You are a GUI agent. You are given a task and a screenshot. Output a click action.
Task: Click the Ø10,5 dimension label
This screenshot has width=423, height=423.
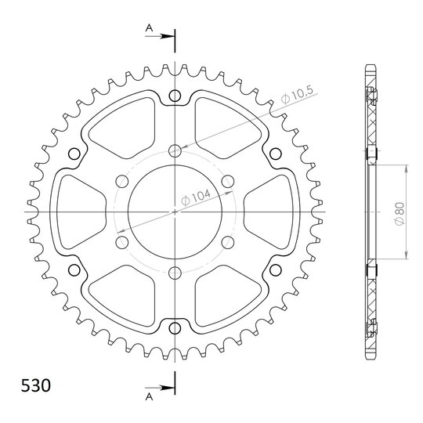tap(297, 95)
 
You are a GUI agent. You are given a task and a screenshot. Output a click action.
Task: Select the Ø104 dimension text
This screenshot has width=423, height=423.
tap(196, 197)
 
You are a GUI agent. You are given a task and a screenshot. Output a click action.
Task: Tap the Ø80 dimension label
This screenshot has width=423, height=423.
tap(399, 213)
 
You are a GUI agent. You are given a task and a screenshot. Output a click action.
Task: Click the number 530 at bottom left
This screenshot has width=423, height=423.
tap(36, 385)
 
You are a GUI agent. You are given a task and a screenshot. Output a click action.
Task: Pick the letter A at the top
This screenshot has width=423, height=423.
tap(149, 27)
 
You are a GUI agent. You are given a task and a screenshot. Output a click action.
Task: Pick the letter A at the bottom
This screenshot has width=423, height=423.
tap(149, 397)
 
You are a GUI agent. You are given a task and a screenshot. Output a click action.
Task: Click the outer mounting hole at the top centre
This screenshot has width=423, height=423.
tap(175, 96)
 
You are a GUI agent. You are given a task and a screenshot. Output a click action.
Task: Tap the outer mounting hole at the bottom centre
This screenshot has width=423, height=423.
tap(175, 328)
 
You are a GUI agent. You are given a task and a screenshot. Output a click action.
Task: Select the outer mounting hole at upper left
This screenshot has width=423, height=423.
tap(74, 154)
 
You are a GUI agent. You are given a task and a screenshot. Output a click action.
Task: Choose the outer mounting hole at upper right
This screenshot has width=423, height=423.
tap(276, 154)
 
